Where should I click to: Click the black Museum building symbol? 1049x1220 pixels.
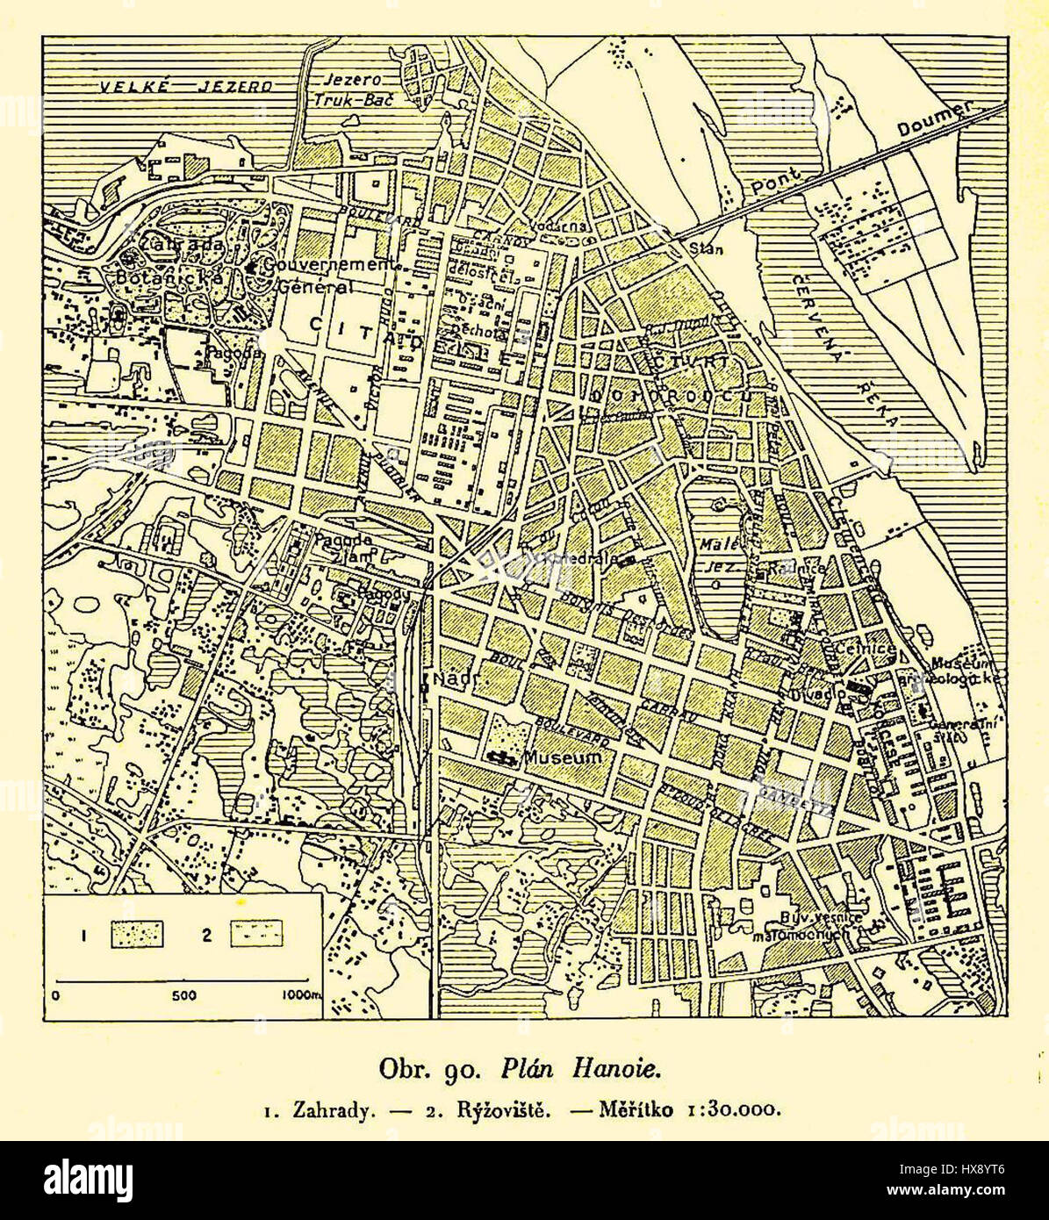[x=502, y=756]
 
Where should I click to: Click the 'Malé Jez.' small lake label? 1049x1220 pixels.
[x=717, y=556]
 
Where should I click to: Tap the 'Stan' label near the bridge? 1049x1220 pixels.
[x=705, y=249]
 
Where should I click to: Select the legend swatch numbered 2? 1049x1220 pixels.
[x=255, y=934]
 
